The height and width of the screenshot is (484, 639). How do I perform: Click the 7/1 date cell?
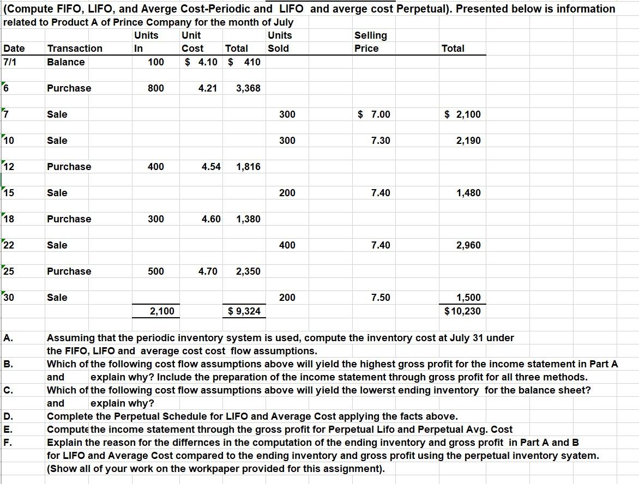click(x=10, y=62)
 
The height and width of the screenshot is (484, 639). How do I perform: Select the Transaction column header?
click(x=75, y=49)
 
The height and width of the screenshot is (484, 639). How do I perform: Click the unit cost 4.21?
click(x=208, y=88)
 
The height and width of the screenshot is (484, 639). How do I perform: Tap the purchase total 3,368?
click(x=248, y=88)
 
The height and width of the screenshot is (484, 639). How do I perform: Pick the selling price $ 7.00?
click(x=374, y=114)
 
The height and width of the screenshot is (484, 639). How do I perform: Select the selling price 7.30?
click(x=381, y=141)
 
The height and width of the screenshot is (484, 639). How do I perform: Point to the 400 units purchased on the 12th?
click(x=155, y=167)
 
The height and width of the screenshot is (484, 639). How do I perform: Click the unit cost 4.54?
click(x=211, y=167)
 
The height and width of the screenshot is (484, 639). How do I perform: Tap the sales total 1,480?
click(x=468, y=193)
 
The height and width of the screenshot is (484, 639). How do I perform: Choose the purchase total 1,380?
click(x=248, y=219)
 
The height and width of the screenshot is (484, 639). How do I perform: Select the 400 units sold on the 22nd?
click(x=287, y=245)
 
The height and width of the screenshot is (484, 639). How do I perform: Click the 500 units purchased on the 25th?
click(x=155, y=271)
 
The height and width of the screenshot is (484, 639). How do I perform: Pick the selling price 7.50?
click(x=381, y=298)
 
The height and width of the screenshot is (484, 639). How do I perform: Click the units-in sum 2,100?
click(x=162, y=311)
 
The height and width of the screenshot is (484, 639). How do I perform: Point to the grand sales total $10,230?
click(x=463, y=311)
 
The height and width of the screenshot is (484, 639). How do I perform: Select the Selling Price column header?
click(x=371, y=42)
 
